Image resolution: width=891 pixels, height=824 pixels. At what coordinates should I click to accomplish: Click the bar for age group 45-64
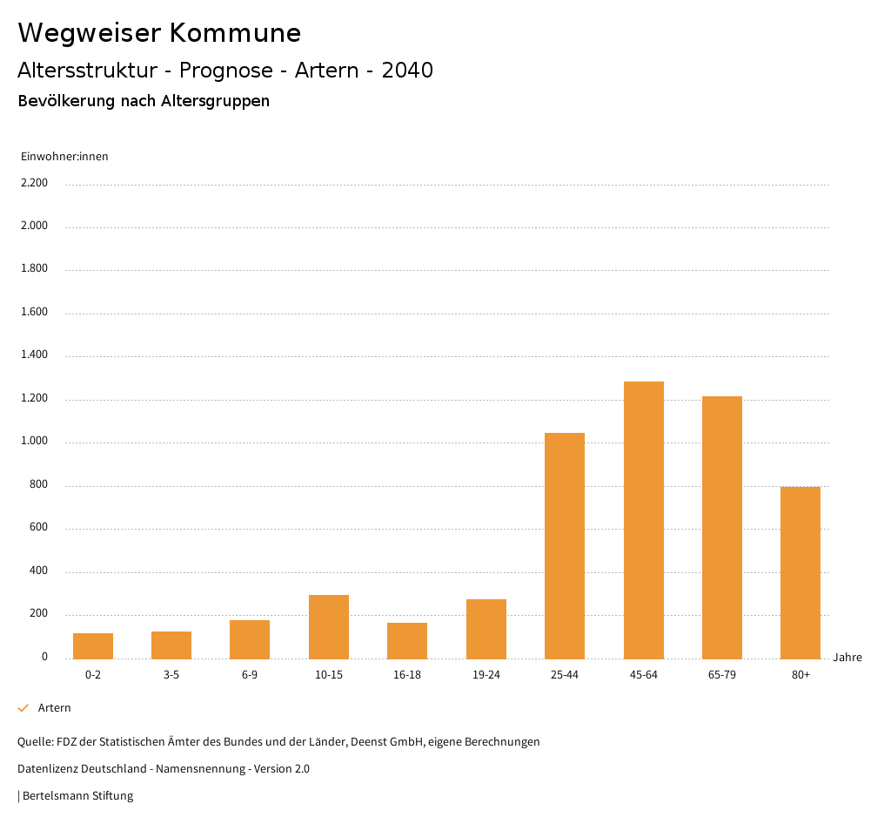point(643,520)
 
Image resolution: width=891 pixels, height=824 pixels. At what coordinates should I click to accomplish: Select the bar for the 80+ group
point(800,572)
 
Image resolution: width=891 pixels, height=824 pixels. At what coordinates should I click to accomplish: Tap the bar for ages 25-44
point(565,545)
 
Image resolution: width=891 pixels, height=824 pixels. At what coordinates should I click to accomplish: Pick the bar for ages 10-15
point(329,626)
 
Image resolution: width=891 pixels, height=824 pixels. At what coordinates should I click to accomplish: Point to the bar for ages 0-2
point(93,645)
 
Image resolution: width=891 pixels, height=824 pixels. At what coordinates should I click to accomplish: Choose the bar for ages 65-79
point(721,527)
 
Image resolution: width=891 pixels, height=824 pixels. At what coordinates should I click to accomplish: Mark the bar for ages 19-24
point(486,628)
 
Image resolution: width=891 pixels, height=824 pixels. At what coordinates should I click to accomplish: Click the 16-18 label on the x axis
point(407,675)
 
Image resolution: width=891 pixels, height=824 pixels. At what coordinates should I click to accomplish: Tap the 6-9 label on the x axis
point(250,675)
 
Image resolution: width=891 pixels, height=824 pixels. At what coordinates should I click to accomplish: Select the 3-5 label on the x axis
point(171,675)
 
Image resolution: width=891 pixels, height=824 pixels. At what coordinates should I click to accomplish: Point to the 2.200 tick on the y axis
point(34,183)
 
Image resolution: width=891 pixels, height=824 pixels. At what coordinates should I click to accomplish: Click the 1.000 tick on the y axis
point(34,442)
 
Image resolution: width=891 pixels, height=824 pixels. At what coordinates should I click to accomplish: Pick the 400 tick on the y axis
point(38,571)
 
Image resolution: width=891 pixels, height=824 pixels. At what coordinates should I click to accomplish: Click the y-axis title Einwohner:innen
point(64,157)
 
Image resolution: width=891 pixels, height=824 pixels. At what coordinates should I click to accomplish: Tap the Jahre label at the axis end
point(847,658)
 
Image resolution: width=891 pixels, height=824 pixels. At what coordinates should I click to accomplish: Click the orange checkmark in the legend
point(23,708)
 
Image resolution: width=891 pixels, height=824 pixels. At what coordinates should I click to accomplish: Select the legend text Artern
point(55,708)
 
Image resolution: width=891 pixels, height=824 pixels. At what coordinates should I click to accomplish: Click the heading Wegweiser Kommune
point(159,33)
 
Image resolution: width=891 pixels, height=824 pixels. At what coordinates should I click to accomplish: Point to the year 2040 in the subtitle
point(407,71)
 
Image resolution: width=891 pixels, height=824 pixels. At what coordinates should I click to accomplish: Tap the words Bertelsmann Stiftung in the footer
point(78,796)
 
